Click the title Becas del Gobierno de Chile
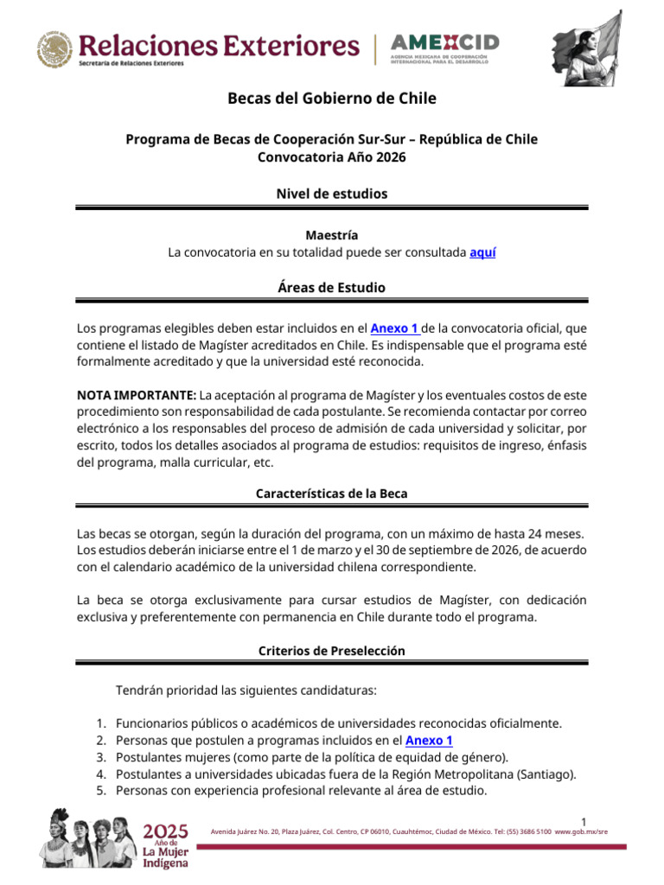tap(332, 99)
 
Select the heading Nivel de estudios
tap(332, 194)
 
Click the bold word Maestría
tap(332, 235)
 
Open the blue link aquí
tap(482, 252)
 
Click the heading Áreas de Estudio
tap(332, 287)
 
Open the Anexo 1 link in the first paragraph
tap(395, 328)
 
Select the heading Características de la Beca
tap(332, 493)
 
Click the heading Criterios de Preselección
tap(332, 651)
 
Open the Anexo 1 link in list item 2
tap(429, 741)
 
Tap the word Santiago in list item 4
tap(547, 774)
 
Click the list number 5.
tap(99, 790)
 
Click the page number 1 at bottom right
tap(584, 821)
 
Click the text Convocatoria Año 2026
tap(332, 157)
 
